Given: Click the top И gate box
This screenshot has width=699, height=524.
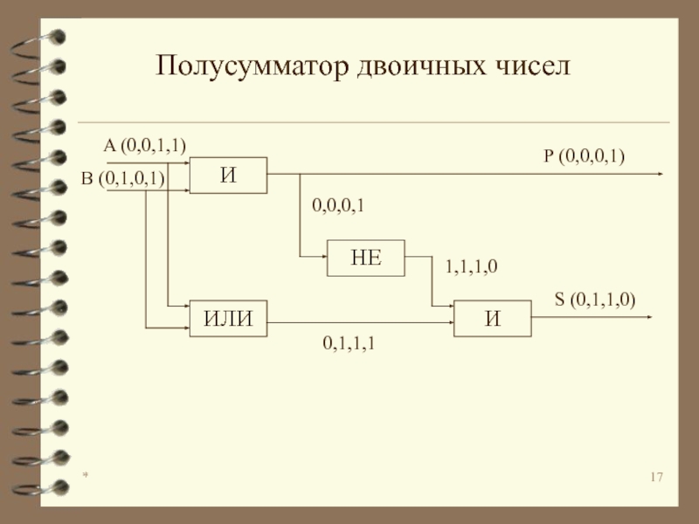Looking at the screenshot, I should pos(229,175).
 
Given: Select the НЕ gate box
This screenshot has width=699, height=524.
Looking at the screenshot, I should pos(366,257).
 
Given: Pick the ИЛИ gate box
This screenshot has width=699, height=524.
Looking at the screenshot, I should pos(229,318).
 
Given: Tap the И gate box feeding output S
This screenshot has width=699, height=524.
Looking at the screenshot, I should pos(492,318).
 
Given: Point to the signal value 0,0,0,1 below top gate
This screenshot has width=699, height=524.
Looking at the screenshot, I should pos(338,205).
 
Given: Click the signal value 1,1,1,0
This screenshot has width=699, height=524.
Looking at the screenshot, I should pos(472,268).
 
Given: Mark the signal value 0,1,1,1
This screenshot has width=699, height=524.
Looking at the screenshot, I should pos(349,345).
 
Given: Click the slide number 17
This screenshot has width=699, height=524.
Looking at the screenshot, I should pos(657,478).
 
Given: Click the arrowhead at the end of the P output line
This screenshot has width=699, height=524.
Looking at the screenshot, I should pos(659,174).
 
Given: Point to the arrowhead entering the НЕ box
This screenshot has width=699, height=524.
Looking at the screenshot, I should pos(322,257).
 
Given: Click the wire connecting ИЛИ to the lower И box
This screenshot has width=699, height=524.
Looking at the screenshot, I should pos(358,322).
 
